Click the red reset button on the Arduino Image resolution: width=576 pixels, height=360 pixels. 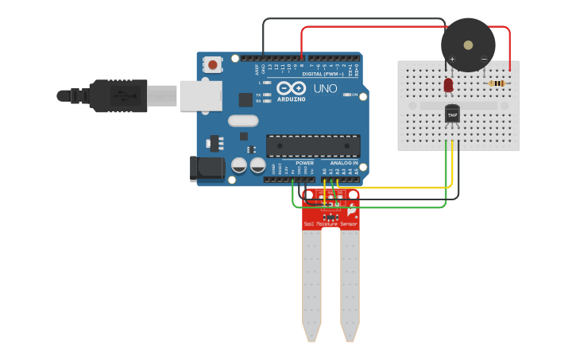coord(213,64)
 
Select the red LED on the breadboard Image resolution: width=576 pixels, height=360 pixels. coord(448,83)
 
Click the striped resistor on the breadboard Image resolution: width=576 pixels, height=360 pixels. coord(497,83)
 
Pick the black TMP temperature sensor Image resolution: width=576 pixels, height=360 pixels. coord(452,114)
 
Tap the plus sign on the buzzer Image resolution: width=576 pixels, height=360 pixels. coord(452,59)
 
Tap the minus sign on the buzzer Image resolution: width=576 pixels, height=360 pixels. coord(484,59)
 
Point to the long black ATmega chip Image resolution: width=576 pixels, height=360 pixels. coord(313,145)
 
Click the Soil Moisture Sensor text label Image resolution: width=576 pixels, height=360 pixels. coord(331,225)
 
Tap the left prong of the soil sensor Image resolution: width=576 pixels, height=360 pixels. coord(311,286)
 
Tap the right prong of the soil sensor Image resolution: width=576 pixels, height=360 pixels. coord(350,286)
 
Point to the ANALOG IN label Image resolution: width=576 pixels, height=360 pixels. coord(344,163)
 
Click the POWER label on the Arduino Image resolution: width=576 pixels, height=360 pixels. coord(304,163)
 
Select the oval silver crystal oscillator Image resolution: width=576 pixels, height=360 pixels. coord(243,121)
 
